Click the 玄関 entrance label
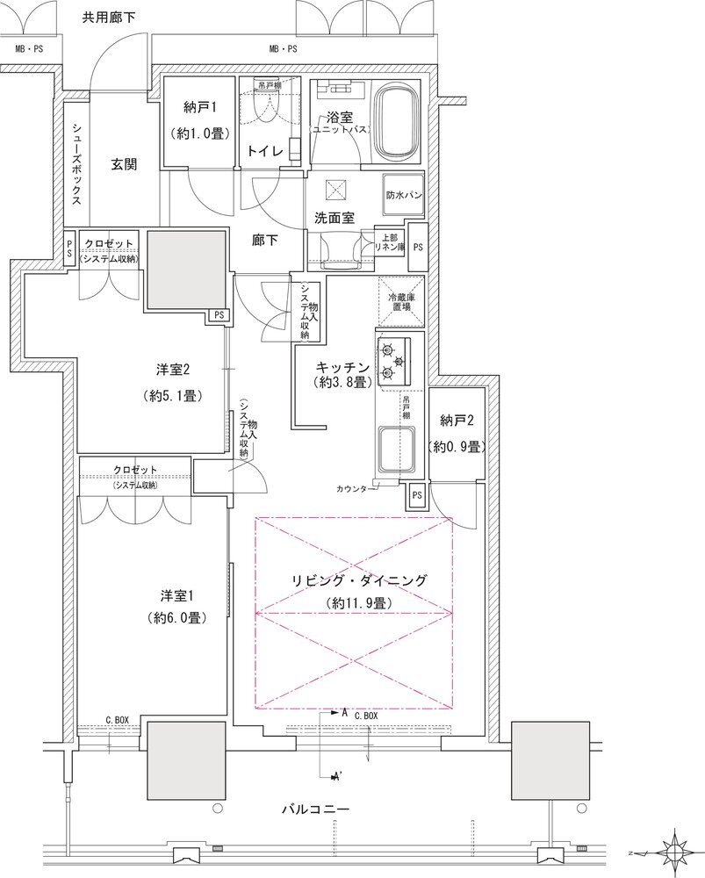(x=123, y=163)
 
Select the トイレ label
(x=266, y=151)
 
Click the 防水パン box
(x=403, y=197)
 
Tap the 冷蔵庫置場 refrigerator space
(x=400, y=303)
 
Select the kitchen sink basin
(x=396, y=447)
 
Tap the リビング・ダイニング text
(x=360, y=580)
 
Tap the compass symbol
(x=676, y=852)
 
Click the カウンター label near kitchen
(x=355, y=488)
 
